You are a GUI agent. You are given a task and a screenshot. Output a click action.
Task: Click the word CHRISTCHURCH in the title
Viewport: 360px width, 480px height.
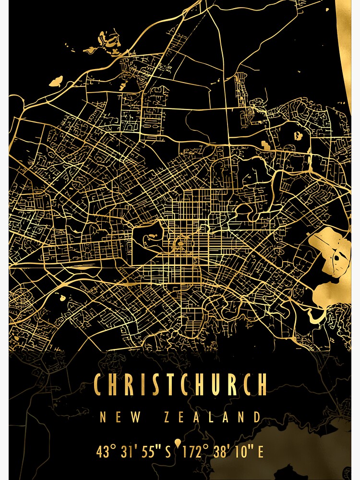pos(180,384)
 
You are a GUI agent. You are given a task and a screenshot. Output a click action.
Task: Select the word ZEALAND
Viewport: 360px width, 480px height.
pos(212,417)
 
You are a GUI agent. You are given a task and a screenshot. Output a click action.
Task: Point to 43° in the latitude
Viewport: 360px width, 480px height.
pos(106,452)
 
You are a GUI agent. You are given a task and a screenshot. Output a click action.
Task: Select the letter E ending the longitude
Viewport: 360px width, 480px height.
pos(261,452)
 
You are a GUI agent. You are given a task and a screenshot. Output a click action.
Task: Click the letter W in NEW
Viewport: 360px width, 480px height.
pos(136,417)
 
